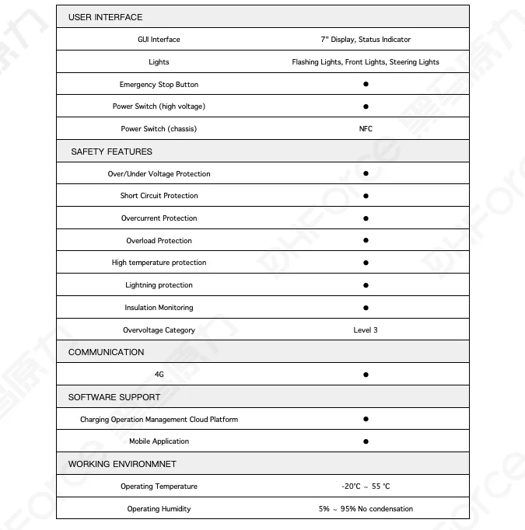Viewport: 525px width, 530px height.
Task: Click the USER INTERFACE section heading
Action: (x=105, y=17)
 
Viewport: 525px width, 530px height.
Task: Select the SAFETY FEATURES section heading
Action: (x=111, y=152)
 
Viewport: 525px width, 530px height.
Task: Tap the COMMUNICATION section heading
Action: (x=106, y=352)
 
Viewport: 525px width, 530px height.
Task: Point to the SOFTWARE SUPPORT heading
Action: (x=114, y=397)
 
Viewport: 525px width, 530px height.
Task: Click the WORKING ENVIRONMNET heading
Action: (x=122, y=464)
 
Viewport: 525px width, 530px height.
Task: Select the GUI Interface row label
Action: (x=159, y=40)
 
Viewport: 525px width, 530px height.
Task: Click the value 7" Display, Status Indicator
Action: (x=366, y=40)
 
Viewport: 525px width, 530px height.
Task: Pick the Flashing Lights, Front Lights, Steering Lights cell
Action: (x=366, y=62)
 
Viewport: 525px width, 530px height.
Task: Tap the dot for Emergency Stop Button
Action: (x=366, y=84)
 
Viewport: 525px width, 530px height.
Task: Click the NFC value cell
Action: (x=366, y=129)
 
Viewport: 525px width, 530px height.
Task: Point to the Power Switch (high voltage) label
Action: (x=159, y=106)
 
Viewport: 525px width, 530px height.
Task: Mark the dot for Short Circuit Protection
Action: (x=366, y=196)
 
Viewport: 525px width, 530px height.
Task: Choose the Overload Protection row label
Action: (x=159, y=241)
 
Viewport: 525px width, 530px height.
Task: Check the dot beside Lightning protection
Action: (x=366, y=285)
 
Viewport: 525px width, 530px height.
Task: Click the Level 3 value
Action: (x=366, y=330)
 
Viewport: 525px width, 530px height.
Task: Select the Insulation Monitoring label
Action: (x=159, y=308)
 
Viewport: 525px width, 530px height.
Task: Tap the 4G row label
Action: (x=159, y=375)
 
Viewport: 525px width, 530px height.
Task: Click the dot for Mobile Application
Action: (x=366, y=441)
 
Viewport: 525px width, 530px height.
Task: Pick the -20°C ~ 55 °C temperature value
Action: (x=366, y=486)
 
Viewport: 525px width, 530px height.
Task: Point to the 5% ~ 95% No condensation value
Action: (x=366, y=509)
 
